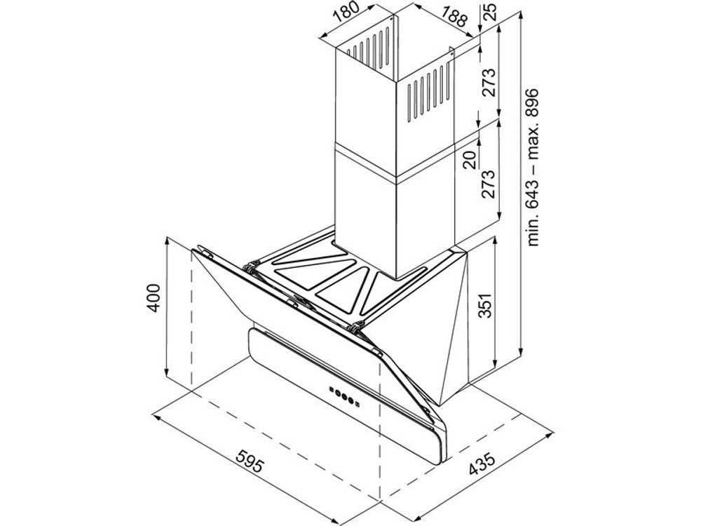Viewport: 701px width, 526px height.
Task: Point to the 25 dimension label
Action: pos(490,12)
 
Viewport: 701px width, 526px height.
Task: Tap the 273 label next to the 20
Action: pos(488,184)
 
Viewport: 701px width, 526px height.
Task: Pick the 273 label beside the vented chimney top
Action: pos(488,83)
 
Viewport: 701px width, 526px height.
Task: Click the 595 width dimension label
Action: pos(249,461)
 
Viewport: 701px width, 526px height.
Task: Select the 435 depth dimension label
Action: pos(482,465)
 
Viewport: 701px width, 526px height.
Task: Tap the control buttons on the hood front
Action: pos(345,396)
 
